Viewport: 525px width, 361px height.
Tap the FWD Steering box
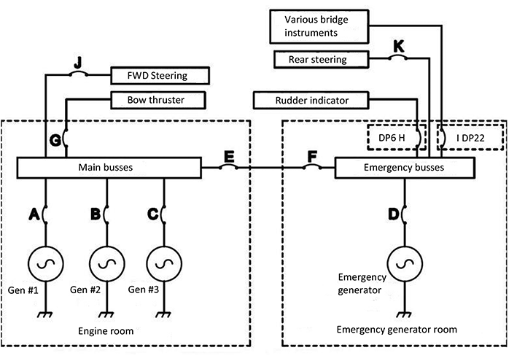tap(159, 75)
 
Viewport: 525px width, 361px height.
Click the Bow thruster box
tap(157, 99)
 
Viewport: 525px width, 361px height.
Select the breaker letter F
tap(313, 156)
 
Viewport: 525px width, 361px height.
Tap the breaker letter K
tap(398, 46)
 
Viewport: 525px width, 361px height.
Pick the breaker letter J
tap(77, 61)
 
